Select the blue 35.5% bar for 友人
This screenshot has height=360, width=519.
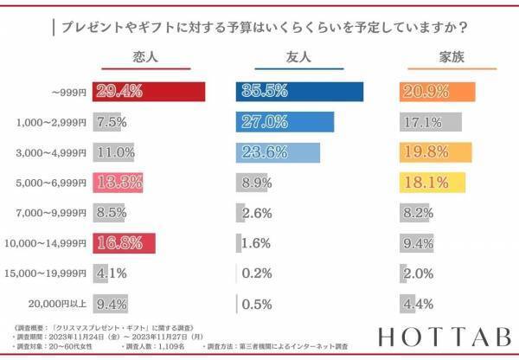(299, 92)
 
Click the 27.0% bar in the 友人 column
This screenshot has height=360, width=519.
(285, 122)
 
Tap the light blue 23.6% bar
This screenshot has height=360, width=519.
(278, 152)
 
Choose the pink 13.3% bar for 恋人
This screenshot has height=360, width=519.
(119, 183)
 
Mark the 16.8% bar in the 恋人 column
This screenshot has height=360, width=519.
(125, 243)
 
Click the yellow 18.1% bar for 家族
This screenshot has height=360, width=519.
(432, 183)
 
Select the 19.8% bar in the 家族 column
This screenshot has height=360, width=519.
(436, 152)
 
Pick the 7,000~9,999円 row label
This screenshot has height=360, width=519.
(54, 213)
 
